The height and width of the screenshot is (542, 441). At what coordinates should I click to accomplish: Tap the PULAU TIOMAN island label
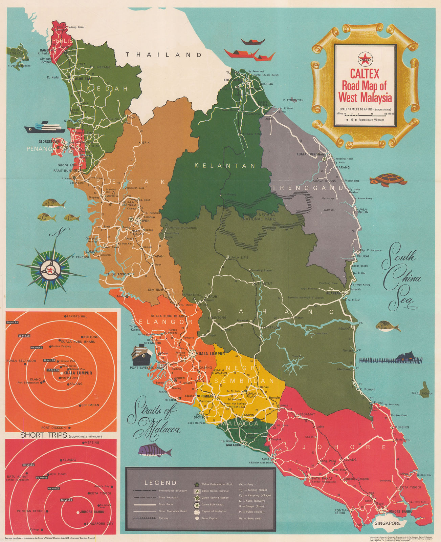coord(422,393)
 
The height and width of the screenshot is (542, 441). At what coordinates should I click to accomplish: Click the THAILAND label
coord(163,55)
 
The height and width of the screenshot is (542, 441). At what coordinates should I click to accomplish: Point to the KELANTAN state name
coord(225,166)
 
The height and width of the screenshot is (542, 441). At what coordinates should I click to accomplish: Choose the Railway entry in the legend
coord(163,518)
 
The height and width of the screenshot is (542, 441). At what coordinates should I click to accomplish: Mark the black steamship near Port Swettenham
coord(142,354)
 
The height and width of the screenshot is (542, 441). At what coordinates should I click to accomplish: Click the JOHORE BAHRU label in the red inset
coord(92,512)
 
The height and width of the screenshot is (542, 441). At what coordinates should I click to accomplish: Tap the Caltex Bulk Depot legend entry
coord(215,504)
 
